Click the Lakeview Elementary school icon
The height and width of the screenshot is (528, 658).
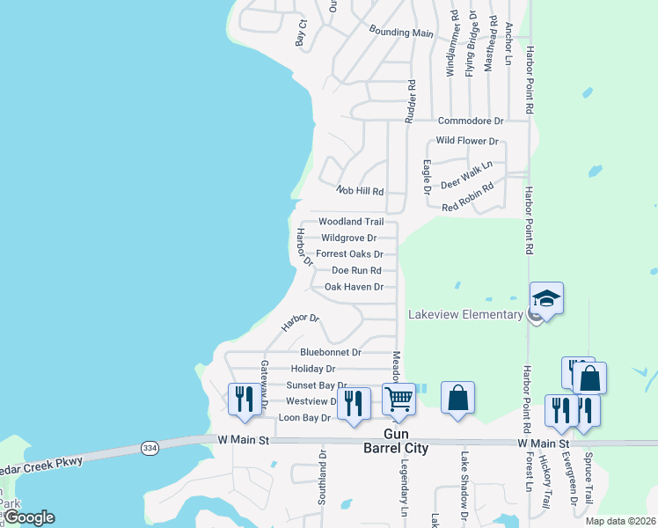545,299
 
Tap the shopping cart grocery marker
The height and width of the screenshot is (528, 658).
399,399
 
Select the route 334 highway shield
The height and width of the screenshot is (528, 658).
150,448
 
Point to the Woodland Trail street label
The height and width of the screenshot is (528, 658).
351,222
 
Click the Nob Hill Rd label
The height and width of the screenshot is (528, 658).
361,190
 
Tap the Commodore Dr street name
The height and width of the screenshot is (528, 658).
470,121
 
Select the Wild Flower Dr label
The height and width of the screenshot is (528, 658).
467,141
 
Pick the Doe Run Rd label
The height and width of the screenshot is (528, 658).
356,270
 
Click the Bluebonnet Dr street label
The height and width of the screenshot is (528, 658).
331,352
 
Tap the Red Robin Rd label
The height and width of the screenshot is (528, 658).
468,196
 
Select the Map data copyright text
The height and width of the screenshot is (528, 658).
621,521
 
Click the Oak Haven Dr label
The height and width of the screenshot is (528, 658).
354,287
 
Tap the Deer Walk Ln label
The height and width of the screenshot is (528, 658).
466,174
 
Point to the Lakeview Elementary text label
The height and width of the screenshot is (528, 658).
465,315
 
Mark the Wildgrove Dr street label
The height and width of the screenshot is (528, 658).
348,238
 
